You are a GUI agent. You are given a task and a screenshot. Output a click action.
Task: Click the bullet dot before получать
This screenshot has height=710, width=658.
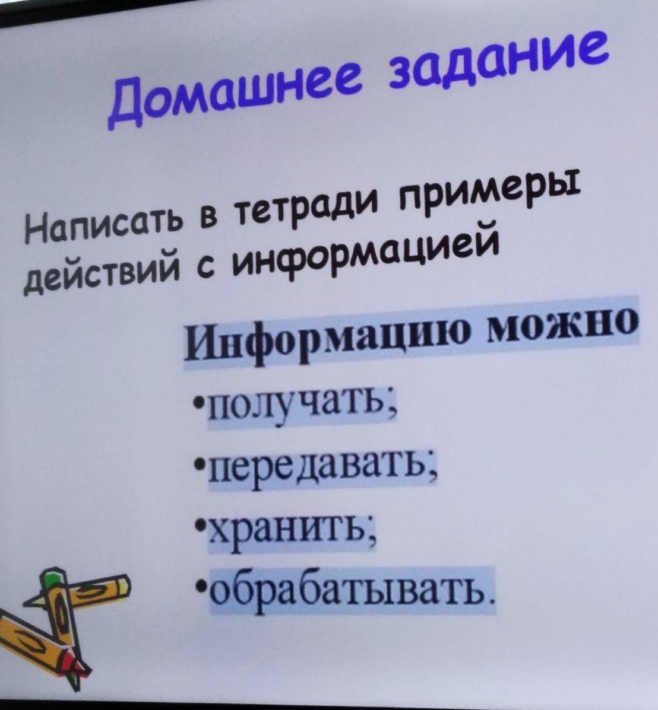point(198,401)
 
